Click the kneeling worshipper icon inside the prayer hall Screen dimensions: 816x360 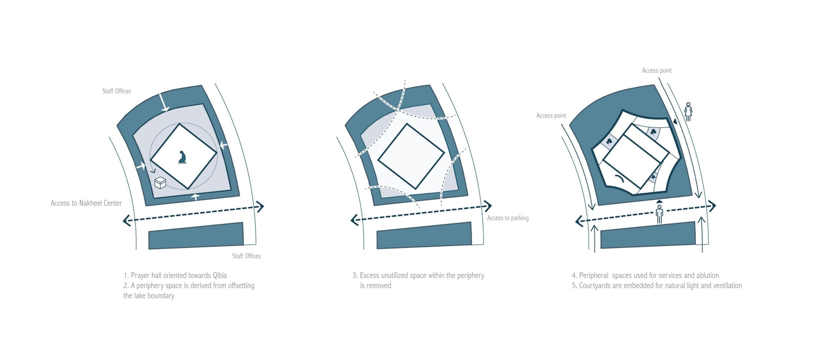(x=182, y=158)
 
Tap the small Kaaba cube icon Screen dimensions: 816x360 (x=160, y=183)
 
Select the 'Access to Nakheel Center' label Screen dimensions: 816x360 (x=86, y=203)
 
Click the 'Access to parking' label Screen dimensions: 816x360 (x=508, y=218)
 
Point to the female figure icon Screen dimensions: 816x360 (x=688, y=112)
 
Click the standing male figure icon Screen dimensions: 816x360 (x=659, y=214)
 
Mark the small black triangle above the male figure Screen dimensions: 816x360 (x=659, y=201)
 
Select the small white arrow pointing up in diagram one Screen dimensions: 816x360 (x=196, y=196)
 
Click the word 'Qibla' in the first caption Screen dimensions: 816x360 (x=220, y=276)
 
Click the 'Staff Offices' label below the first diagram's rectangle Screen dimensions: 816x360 (x=246, y=256)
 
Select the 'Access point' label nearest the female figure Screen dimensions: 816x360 (x=657, y=70)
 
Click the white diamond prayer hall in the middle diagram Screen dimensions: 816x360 (x=411, y=156)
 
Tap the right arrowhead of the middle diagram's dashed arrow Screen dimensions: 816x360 (x=488, y=206)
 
